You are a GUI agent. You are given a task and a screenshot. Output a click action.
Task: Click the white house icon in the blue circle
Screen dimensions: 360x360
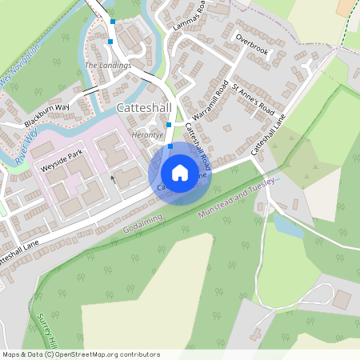(x=180, y=172)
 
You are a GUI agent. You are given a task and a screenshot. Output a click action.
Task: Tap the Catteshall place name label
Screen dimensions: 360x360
(x=142, y=107)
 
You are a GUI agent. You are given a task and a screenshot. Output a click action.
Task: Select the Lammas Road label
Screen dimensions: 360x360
(x=189, y=15)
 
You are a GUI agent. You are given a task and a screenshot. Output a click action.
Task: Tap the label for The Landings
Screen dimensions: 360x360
(x=107, y=65)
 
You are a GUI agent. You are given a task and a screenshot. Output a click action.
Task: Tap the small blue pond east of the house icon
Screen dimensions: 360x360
(x=289, y=226)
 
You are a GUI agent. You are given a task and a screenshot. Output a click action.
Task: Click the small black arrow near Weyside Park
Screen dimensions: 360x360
(x=113, y=178)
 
